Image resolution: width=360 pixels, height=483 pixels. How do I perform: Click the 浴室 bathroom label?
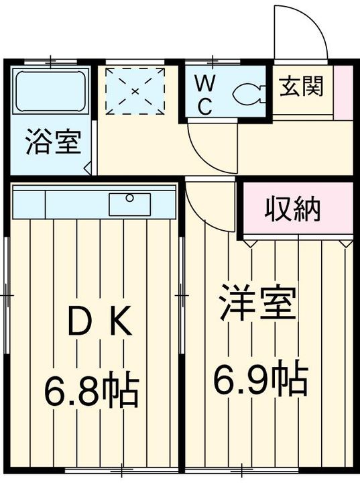tap(54, 144)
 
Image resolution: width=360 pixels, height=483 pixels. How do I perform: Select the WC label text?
tap(204, 94)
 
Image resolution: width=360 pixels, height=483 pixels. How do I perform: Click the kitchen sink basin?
tap(129, 204)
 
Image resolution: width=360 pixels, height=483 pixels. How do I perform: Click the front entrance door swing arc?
tap(302, 30)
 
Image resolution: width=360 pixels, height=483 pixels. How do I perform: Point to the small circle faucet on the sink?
tap(129, 197)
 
